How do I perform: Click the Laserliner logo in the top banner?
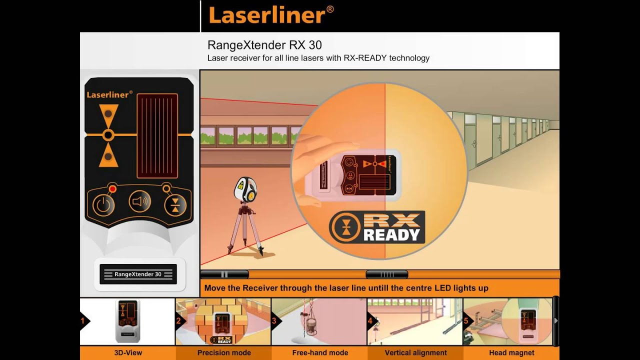(271, 15)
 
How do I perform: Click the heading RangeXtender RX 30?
(264, 45)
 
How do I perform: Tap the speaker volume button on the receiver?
(139, 201)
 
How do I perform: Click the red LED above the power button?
(113, 189)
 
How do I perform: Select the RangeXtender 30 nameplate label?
(138, 274)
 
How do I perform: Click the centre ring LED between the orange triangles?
(108, 134)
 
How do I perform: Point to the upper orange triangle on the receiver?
(108, 115)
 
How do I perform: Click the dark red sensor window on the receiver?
(157, 136)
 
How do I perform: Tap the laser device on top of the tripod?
(245, 188)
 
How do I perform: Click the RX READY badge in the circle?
(377, 227)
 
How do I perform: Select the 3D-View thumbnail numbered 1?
(127, 321)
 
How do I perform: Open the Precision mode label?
(224, 353)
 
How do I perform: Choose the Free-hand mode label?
(320, 353)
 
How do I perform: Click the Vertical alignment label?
(415, 353)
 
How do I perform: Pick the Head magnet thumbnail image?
(507, 321)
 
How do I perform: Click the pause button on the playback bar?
(224, 274)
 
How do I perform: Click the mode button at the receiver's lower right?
(175, 204)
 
